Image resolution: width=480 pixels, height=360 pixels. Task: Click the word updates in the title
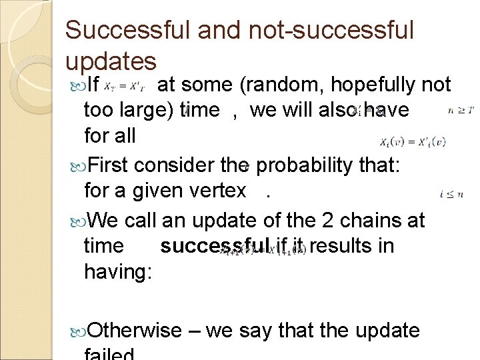click(111, 61)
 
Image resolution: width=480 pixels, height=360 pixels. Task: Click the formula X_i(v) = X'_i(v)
click(413, 141)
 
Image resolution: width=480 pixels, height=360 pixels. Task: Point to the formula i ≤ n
click(451, 193)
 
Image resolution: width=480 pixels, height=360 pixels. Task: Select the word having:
click(118, 271)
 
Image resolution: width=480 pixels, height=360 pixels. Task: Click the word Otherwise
click(134, 330)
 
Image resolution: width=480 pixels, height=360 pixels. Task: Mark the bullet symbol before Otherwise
click(75, 331)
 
